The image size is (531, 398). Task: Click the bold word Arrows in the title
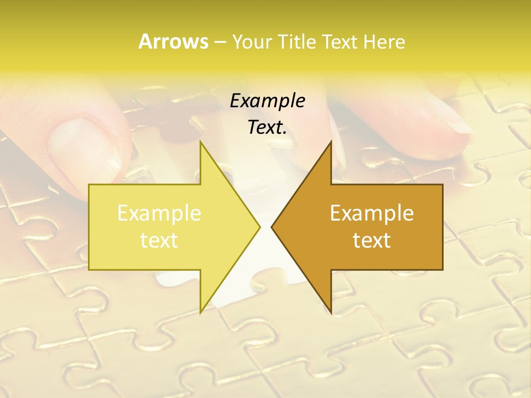pyautogui.click(x=173, y=41)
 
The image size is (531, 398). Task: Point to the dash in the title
pyautogui.click(x=220, y=42)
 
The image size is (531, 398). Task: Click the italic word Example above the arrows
pyautogui.click(x=267, y=101)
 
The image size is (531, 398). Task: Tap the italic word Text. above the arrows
pyautogui.click(x=267, y=128)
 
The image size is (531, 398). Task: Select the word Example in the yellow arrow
pyautogui.click(x=159, y=213)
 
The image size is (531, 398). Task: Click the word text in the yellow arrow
pyautogui.click(x=159, y=240)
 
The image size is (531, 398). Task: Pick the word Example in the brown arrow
pyautogui.click(x=372, y=213)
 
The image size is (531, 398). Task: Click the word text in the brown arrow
pyautogui.click(x=372, y=240)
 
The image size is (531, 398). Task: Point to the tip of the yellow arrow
pyautogui.click(x=260, y=227)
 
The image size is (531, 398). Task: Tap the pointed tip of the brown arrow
pyautogui.click(x=272, y=227)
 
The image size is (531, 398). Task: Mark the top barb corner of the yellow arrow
pyautogui.click(x=200, y=142)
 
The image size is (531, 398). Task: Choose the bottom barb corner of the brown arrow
pyautogui.click(x=331, y=312)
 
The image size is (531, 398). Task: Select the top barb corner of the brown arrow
pyautogui.click(x=331, y=142)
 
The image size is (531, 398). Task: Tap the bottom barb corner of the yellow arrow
pyautogui.click(x=200, y=312)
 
